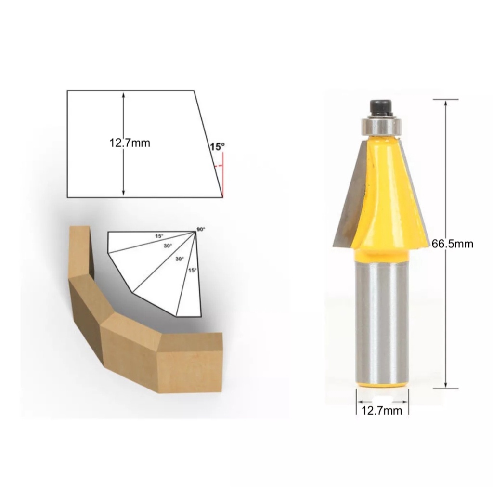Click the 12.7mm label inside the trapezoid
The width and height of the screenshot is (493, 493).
pos(130,143)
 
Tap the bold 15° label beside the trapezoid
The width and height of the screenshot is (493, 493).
pos(217,147)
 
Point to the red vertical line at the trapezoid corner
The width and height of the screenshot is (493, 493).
pos(223,175)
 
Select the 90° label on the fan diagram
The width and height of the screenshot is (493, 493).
pos(201,229)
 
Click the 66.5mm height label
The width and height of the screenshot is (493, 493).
pos(452,244)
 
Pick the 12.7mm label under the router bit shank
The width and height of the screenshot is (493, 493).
pos(382,411)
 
